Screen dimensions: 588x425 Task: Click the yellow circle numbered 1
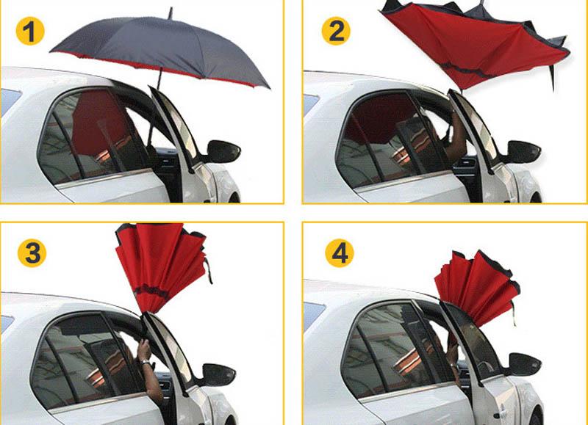(x=30, y=31)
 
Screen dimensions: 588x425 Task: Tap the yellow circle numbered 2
(x=336, y=31)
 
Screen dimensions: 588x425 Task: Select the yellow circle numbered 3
(x=32, y=253)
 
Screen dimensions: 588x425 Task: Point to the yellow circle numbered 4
(x=340, y=253)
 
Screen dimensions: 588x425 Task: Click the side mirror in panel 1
(x=223, y=151)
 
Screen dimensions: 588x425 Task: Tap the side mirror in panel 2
(x=523, y=152)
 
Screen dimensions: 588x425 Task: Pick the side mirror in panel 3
(x=218, y=374)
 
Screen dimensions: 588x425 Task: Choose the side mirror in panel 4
(x=524, y=364)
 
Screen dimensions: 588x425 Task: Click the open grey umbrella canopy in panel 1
(x=160, y=48)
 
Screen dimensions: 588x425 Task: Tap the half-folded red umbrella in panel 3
(x=162, y=266)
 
